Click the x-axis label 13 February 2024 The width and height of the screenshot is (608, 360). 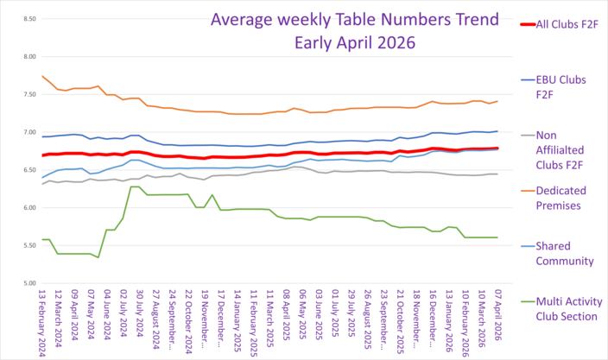click(x=42, y=320)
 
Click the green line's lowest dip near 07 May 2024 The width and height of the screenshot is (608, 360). click(x=98, y=257)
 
